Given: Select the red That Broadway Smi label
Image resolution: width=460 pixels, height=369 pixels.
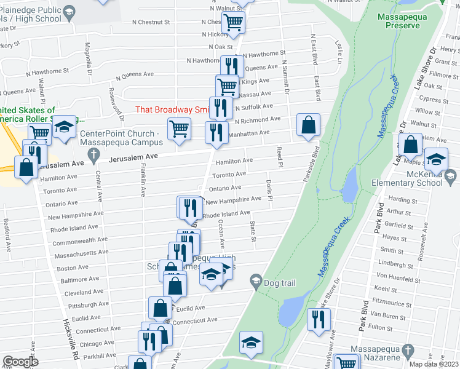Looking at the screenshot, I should pyautogui.click(x=172, y=109).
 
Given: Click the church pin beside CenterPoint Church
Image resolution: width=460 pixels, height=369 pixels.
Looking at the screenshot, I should pyautogui.click(x=93, y=157).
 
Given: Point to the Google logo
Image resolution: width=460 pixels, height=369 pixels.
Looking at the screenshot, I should pyautogui.click(x=20, y=362).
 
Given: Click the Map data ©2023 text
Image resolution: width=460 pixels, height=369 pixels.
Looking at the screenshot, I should pyautogui.click(x=434, y=364).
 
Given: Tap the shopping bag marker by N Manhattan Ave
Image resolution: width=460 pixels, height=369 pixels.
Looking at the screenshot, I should pyautogui.click(x=308, y=125).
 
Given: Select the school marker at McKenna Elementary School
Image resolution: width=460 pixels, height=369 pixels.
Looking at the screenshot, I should pyautogui.click(x=436, y=161).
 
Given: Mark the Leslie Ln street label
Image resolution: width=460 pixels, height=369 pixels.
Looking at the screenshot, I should pyautogui.click(x=339, y=53).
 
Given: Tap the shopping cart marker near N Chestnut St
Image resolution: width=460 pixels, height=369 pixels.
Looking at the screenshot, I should pyautogui.click(x=233, y=22).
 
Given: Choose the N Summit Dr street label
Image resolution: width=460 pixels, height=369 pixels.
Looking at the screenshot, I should pyautogui.click(x=285, y=77).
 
